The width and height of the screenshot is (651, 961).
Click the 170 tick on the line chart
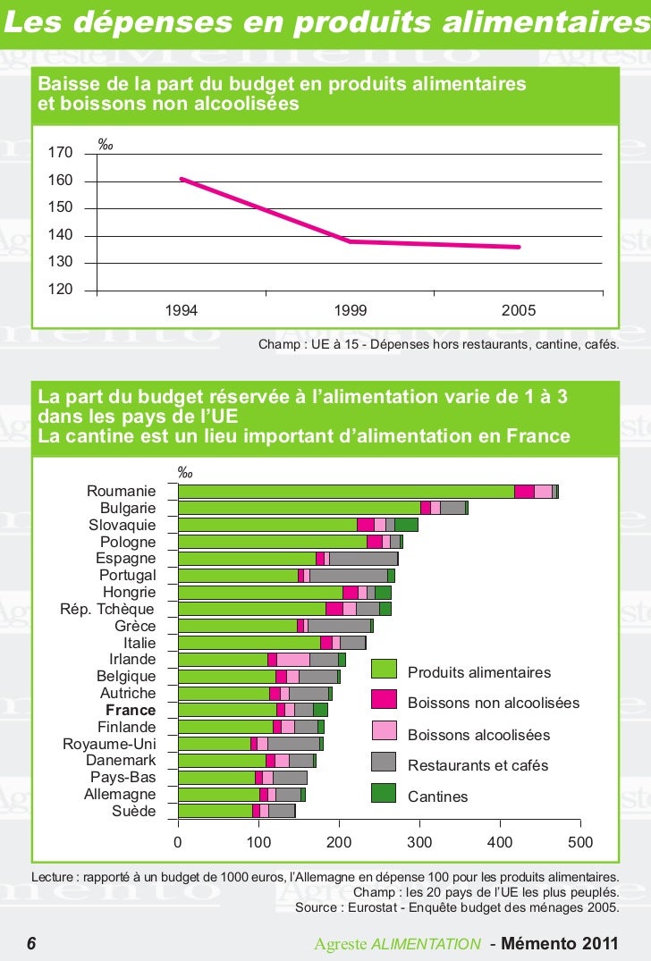pos(62,154)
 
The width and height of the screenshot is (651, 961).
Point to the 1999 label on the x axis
pos(351,310)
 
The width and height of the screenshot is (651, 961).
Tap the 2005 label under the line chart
pos(519,310)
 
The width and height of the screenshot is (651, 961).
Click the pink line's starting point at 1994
pos(182,179)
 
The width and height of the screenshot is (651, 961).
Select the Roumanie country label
pos(121,492)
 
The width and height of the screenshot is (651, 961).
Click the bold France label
pos(131,710)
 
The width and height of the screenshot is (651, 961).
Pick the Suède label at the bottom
pos(133,811)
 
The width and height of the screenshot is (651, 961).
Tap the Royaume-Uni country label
pos(109,744)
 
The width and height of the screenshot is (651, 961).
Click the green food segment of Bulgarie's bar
pos(299,508)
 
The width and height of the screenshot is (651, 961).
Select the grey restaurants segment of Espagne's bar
pos(363,559)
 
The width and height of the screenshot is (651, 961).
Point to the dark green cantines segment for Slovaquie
pos(406,525)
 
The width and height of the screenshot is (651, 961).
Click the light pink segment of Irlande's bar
pos(293,660)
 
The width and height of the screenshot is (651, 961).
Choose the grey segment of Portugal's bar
pos(348,576)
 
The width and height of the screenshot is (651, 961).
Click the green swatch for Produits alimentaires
pos(384,670)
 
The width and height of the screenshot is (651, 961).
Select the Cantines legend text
pos(437,797)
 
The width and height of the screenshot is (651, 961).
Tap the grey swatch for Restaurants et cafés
pos(384,763)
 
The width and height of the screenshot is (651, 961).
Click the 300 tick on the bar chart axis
pos(419,842)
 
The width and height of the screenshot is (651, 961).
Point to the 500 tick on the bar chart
pos(580,842)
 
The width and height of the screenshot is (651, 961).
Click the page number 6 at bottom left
pos(31,944)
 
